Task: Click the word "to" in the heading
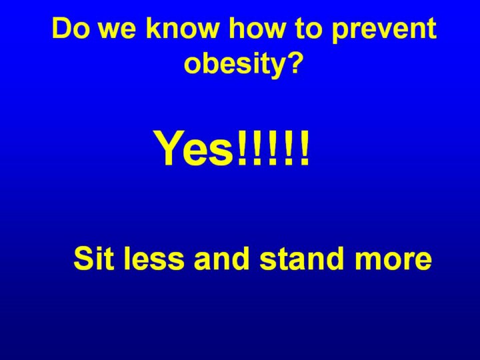309,29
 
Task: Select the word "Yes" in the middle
195,148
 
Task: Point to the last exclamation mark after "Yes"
304,148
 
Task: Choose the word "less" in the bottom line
154,259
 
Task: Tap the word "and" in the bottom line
221,259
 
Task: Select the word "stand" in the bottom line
301,259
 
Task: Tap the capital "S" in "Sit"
84,259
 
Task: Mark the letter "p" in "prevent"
339,34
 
